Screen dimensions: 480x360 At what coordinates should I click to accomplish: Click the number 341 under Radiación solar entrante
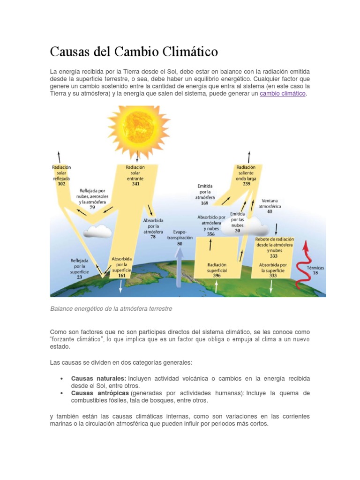point(135,184)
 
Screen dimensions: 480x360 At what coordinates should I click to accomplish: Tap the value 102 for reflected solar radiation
point(61,184)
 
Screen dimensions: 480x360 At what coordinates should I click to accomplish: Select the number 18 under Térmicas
point(315,272)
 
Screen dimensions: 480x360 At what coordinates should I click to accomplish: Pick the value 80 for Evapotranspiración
point(180,244)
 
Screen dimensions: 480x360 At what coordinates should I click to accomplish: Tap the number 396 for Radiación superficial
point(217,276)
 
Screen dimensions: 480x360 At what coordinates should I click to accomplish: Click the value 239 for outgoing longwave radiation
point(246,184)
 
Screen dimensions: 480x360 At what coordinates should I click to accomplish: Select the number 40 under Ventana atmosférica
point(270,211)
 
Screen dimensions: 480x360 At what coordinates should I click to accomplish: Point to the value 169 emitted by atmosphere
point(205,203)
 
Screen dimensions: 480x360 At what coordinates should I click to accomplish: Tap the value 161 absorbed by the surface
point(121,276)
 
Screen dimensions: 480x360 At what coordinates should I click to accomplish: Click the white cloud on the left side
point(97,231)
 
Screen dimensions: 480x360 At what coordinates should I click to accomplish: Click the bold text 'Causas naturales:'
point(98,378)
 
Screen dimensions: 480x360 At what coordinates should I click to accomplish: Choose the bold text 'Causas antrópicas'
point(100,393)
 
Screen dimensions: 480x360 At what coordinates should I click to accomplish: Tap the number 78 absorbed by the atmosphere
point(153,237)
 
